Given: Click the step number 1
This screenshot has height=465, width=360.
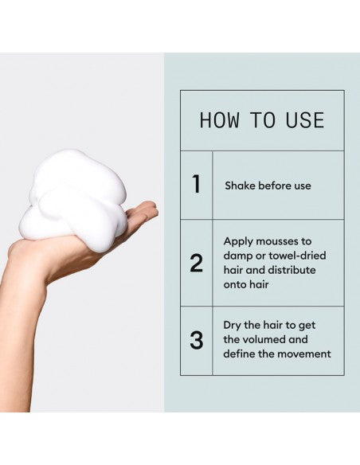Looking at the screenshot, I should tap(196, 185).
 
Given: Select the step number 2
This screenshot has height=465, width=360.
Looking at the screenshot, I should tap(196, 263).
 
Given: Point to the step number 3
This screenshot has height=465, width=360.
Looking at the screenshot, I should tap(196, 341).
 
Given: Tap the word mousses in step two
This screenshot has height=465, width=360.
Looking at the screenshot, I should tap(284, 240).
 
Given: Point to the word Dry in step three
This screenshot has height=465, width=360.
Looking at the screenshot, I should tap(233, 326).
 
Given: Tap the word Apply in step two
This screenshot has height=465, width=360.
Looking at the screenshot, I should tap(238, 240).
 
